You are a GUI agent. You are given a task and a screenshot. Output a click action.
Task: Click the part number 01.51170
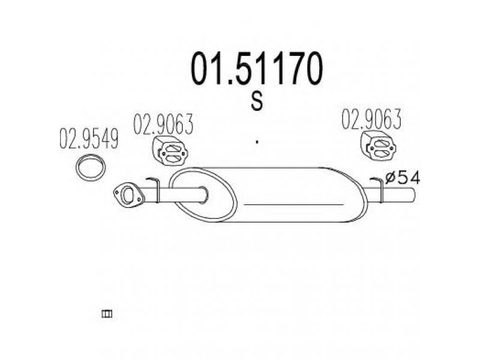[x=257, y=68]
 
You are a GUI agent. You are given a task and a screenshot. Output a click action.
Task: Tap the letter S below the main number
[x=257, y=101]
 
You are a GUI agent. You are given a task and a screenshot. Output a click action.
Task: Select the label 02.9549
[x=89, y=139]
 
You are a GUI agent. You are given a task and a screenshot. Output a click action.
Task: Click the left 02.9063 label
[x=163, y=124]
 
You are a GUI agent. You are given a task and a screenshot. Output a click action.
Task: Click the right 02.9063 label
[x=371, y=119]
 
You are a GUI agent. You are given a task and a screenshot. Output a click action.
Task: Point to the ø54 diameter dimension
[x=402, y=178]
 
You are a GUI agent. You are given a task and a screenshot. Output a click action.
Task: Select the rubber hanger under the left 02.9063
[x=170, y=151]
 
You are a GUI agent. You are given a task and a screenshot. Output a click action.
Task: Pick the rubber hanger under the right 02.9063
[x=379, y=146]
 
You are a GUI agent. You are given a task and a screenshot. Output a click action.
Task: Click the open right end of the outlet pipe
[x=413, y=194]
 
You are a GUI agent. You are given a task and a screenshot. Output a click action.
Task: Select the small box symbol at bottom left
[x=107, y=314]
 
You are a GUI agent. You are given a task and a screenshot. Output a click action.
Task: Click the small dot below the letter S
[x=257, y=142]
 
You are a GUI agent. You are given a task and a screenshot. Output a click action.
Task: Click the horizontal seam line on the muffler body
[x=294, y=204]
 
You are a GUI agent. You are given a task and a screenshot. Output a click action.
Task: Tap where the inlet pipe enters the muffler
[x=203, y=194]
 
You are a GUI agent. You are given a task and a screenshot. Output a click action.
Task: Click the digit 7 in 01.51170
[x=286, y=68]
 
